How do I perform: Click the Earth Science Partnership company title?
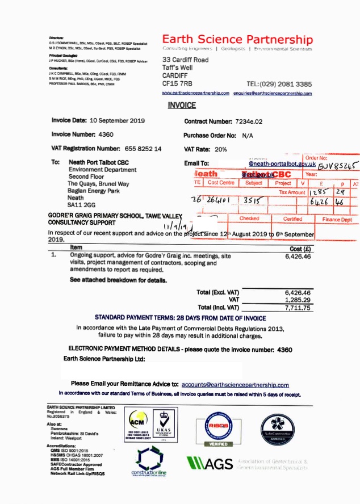pos(237,39)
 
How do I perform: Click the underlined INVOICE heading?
pos(182,105)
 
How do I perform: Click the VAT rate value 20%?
pos(221,149)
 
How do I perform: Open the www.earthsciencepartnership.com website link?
pos(195,93)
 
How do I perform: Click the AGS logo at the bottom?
pos(210,464)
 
